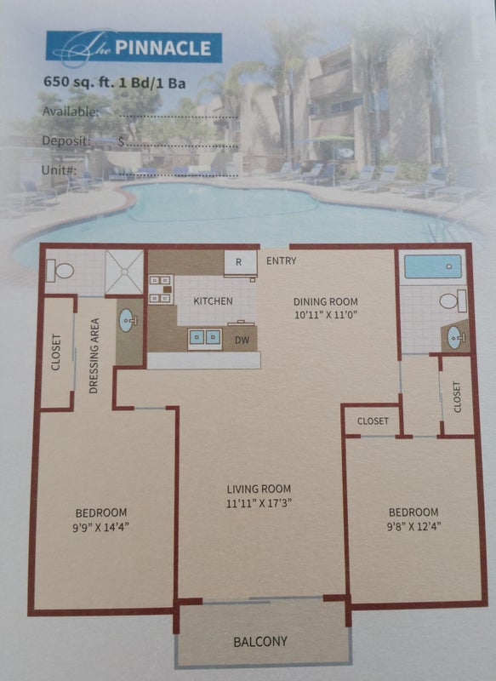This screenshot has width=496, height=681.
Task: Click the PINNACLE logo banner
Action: click(134, 47)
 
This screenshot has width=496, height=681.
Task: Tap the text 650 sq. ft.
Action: click(78, 82)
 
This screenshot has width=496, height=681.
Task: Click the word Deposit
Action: click(66, 140)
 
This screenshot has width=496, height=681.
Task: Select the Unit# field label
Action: click(59, 169)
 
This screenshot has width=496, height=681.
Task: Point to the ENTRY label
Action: click(282, 260)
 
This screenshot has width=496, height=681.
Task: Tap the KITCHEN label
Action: click(213, 301)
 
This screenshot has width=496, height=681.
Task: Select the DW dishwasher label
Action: click(242, 340)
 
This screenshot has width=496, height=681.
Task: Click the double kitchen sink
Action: click(205, 339)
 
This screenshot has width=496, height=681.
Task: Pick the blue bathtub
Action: click(433, 266)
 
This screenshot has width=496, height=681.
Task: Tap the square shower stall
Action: click(124, 272)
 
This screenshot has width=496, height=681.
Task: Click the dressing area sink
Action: click(128, 321)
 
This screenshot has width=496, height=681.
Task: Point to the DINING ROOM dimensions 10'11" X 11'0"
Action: click(326, 314)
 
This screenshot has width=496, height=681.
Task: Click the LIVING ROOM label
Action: click(259, 489)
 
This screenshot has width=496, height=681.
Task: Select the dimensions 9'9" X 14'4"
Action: click(100, 527)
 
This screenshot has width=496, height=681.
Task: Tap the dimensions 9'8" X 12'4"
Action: click(413, 526)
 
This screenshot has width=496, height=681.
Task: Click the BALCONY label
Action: click(260, 642)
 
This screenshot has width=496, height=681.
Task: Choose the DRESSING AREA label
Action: click(94, 356)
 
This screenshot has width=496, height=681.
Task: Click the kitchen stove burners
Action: click(161, 289)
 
